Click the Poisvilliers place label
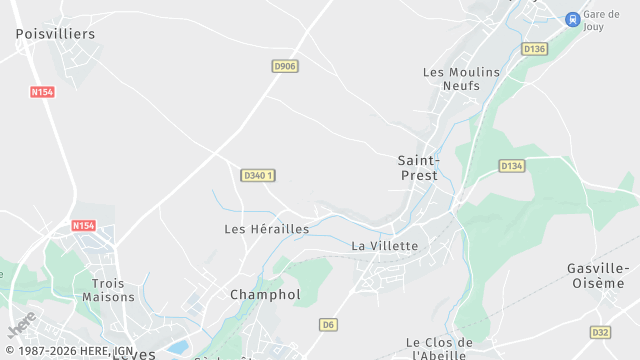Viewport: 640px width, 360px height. pyautogui.click(x=55, y=34)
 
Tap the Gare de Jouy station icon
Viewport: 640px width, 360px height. pyautogui.click(x=572, y=19)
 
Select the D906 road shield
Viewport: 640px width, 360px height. pyautogui.click(x=285, y=66)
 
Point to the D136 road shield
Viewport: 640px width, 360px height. pyautogui.click(x=535, y=49)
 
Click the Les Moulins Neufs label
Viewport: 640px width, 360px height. pyautogui.click(x=451, y=79)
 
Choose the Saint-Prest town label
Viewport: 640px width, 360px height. pyautogui.click(x=417, y=167)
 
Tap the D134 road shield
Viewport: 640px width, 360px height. pyautogui.click(x=511, y=166)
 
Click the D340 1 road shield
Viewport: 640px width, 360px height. pyautogui.click(x=258, y=175)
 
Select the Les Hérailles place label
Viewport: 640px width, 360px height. pyautogui.click(x=266, y=229)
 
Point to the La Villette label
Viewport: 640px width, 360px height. pyautogui.click(x=385, y=245)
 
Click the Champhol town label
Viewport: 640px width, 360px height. pyautogui.click(x=265, y=295)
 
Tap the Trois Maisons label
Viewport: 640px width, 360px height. pyautogui.click(x=108, y=290)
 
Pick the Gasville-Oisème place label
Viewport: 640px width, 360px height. pyautogui.click(x=598, y=275)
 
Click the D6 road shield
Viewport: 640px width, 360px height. pyautogui.click(x=328, y=324)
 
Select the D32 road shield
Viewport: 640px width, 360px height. pyautogui.click(x=600, y=332)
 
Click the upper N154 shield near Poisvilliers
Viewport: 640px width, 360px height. pyautogui.click(x=43, y=92)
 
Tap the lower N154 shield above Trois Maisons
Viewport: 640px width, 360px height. pyautogui.click(x=84, y=226)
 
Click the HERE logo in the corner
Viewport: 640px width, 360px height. pyautogui.click(x=21, y=324)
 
